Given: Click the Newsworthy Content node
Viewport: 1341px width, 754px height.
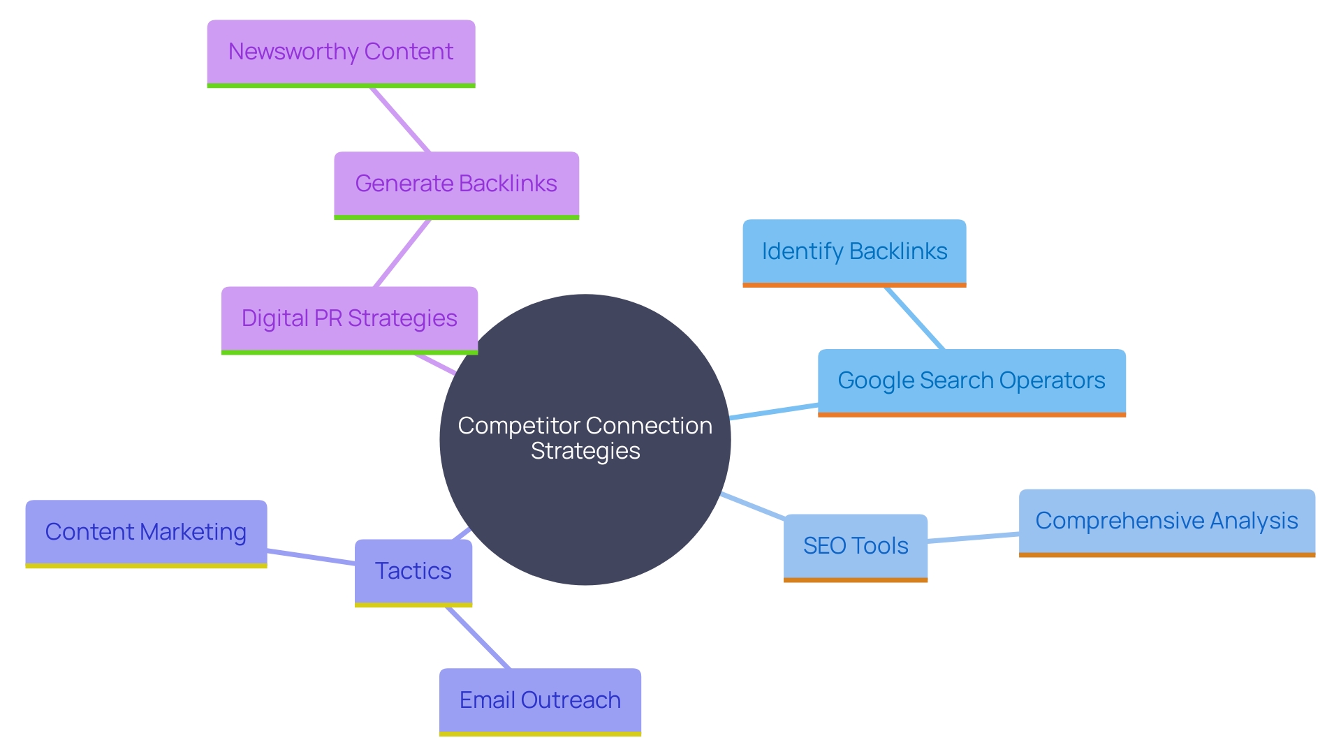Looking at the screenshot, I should (341, 52).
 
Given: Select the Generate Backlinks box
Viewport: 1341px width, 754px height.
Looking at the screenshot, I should (456, 184).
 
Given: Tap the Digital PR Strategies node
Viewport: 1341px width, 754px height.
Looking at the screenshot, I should (349, 318).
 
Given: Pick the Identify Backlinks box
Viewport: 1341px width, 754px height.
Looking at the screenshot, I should (854, 251).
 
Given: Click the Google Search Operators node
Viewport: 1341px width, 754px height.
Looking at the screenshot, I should (972, 381).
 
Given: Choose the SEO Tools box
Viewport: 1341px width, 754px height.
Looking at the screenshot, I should (856, 546).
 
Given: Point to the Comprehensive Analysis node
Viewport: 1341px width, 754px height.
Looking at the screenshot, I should (1166, 521).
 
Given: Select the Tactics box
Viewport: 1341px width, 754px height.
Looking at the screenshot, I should (413, 571).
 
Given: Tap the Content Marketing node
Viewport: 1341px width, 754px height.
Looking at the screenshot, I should (146, 532).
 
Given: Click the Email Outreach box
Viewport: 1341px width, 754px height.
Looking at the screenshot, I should (540, 700).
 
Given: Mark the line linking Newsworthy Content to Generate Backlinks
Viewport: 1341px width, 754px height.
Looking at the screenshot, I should (400, 119).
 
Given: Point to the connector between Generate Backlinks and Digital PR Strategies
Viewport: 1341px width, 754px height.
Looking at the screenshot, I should (402, 253).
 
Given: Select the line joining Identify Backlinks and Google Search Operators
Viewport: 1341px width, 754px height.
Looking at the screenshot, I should (914, 318).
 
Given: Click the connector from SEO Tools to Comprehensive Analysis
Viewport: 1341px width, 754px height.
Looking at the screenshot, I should (973, 538).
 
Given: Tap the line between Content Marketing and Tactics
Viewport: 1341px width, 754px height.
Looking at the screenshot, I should (311, 557).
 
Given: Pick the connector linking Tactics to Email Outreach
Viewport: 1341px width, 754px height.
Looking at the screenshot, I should (478, 638).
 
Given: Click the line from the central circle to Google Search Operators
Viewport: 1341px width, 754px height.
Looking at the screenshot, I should (774, 411).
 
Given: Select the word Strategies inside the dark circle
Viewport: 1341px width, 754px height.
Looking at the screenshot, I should (585, 452).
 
